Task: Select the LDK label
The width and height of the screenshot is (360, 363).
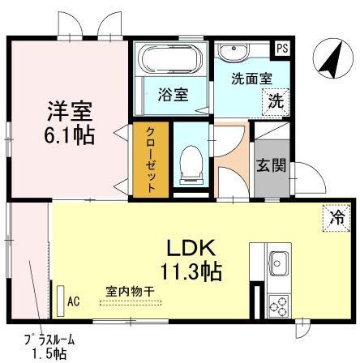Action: coord(191,245)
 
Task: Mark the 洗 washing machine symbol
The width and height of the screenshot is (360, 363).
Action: coord(276,103)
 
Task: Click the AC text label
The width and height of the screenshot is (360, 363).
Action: coord(74,301)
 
